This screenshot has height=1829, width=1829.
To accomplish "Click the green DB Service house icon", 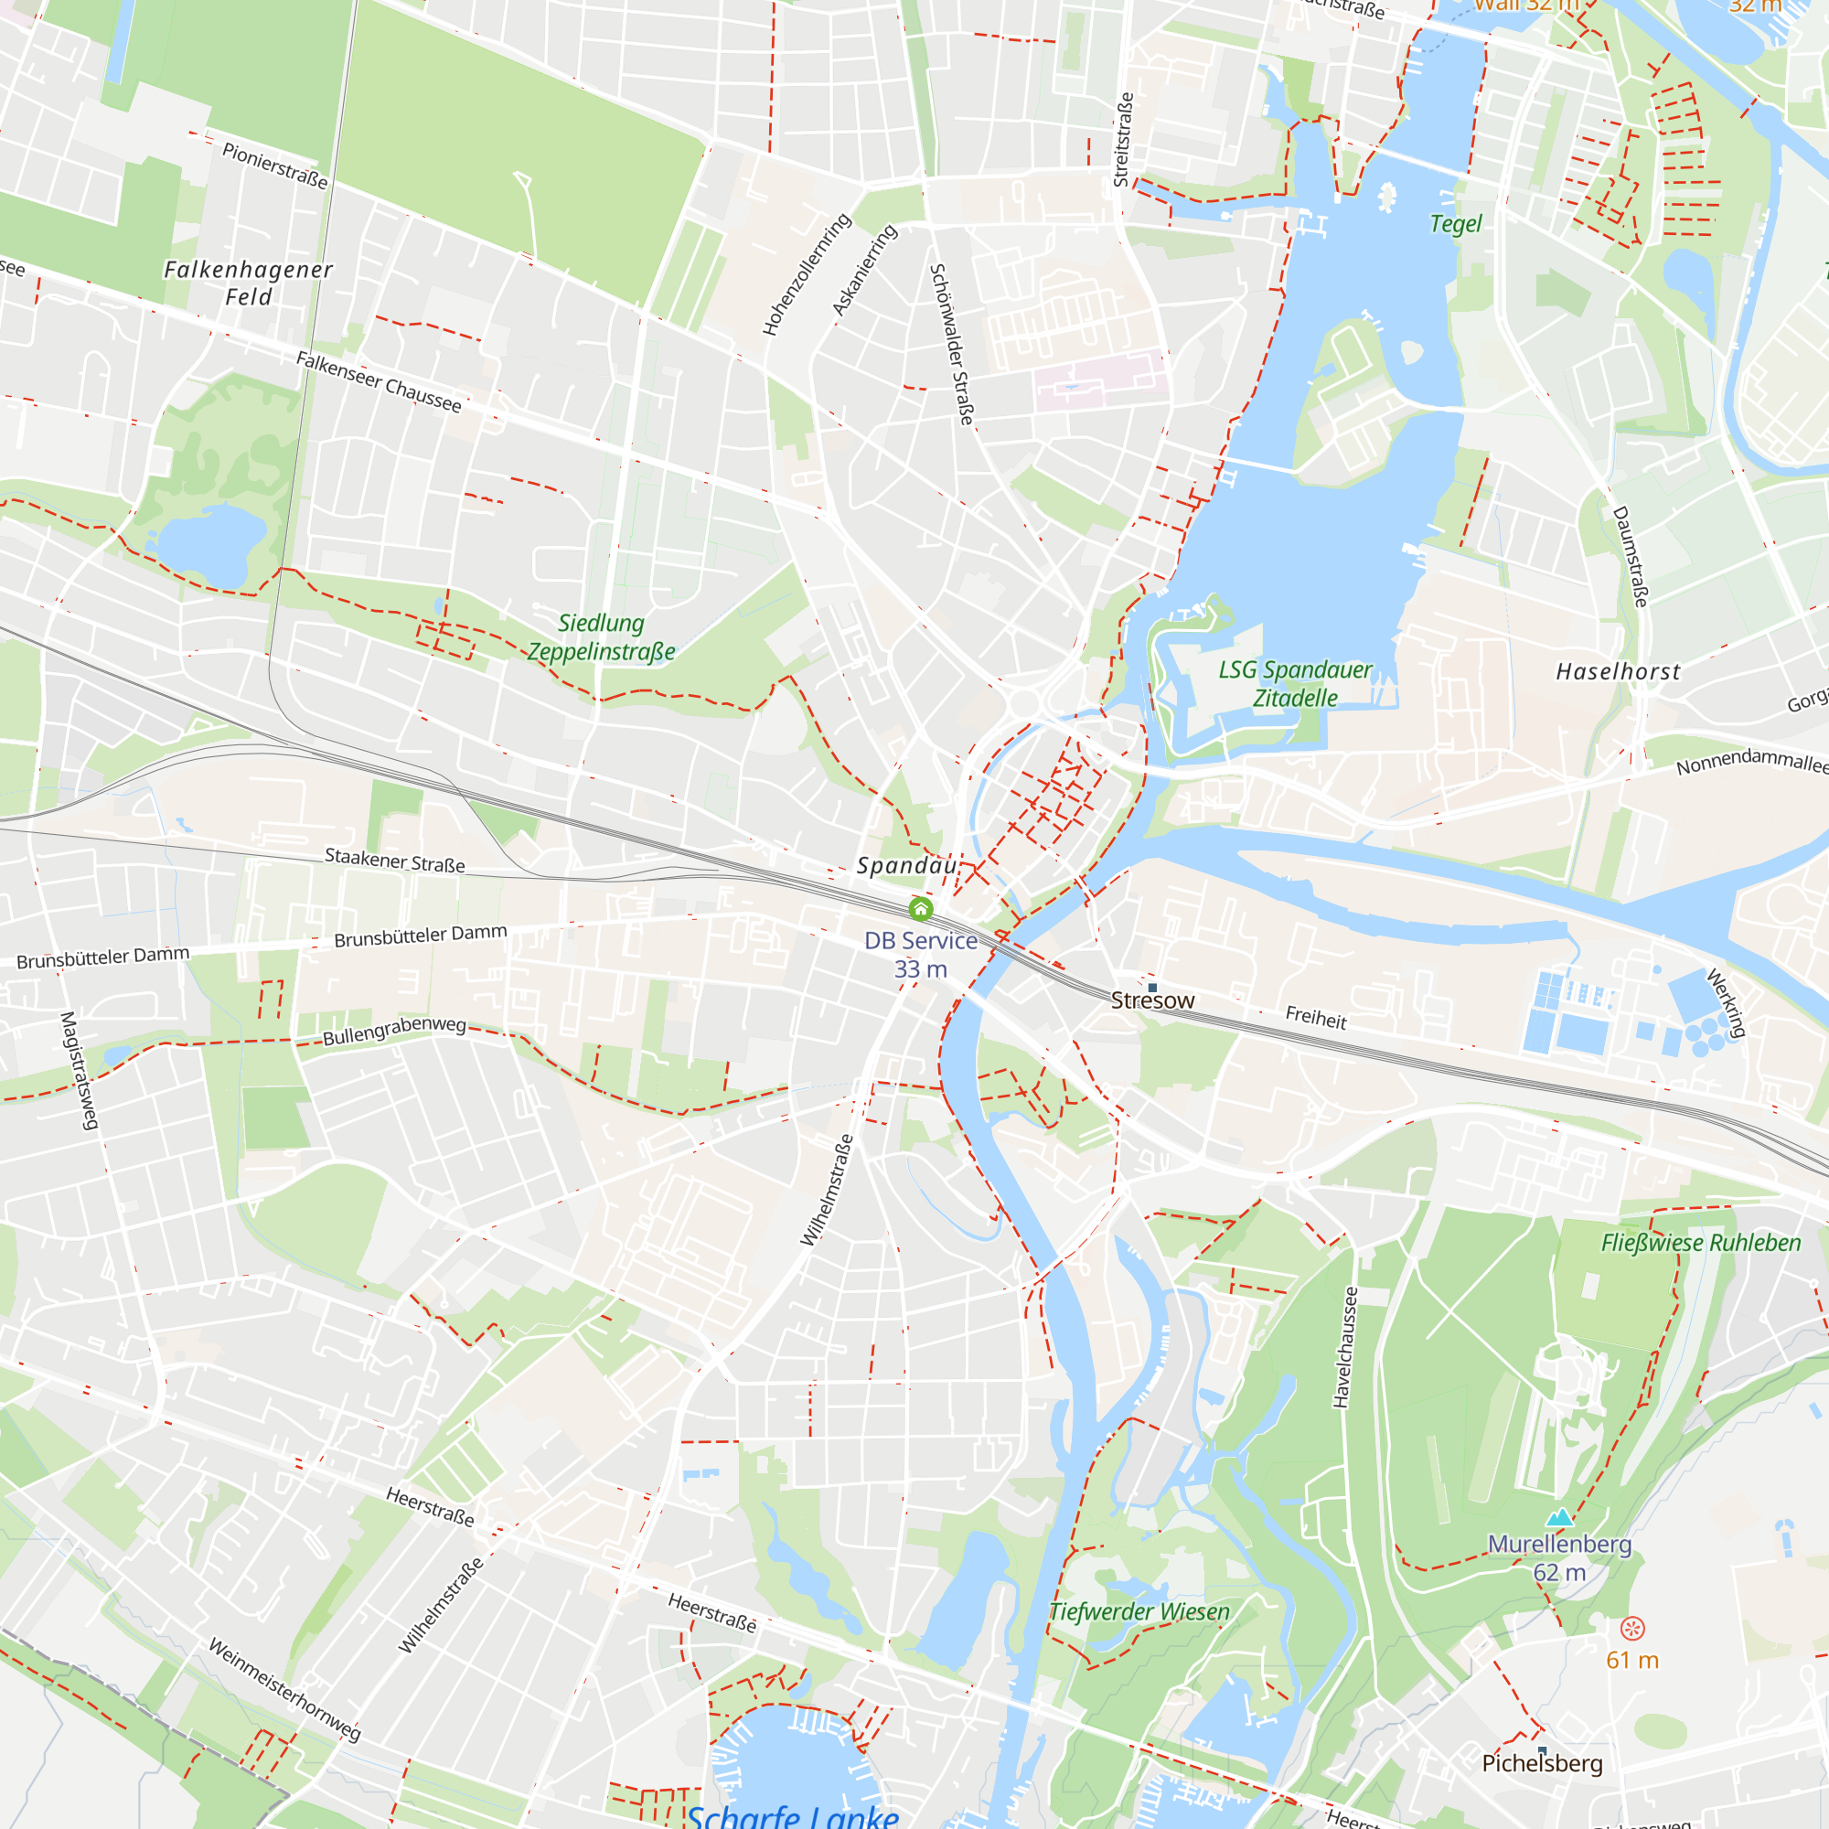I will click(920, 910).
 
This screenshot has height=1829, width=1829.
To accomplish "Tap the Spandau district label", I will click(906, 865).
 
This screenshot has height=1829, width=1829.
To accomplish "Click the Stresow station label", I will click(1152, 1000).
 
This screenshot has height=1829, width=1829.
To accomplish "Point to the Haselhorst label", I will click(1618, 672).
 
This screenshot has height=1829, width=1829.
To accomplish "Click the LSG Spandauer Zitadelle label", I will click(1295, 683).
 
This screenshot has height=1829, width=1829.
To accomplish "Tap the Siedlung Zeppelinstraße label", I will click(601, 637).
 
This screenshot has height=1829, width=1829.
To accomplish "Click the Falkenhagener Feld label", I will click(248, 283).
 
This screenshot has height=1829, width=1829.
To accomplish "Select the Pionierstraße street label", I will click(274, 165).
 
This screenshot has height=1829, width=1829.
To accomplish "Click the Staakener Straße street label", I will click(395, 861).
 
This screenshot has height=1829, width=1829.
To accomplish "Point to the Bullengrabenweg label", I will click(394, 1031).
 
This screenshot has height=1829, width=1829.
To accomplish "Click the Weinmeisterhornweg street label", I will click(284, 1690).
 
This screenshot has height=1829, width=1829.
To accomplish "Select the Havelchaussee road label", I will click(1345, 1347).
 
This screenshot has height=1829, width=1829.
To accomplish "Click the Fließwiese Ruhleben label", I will click(1700, 1243).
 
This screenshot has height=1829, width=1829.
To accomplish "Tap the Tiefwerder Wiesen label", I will click(1139, 1611).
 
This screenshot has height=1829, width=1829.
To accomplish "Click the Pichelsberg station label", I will click(1542, 1763).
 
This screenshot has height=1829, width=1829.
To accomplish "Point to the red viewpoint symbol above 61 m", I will click(1632, 1629).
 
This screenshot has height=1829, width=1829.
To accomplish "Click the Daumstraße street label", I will click(1631, 557).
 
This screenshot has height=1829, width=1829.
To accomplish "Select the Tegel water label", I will click(1455, 224).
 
